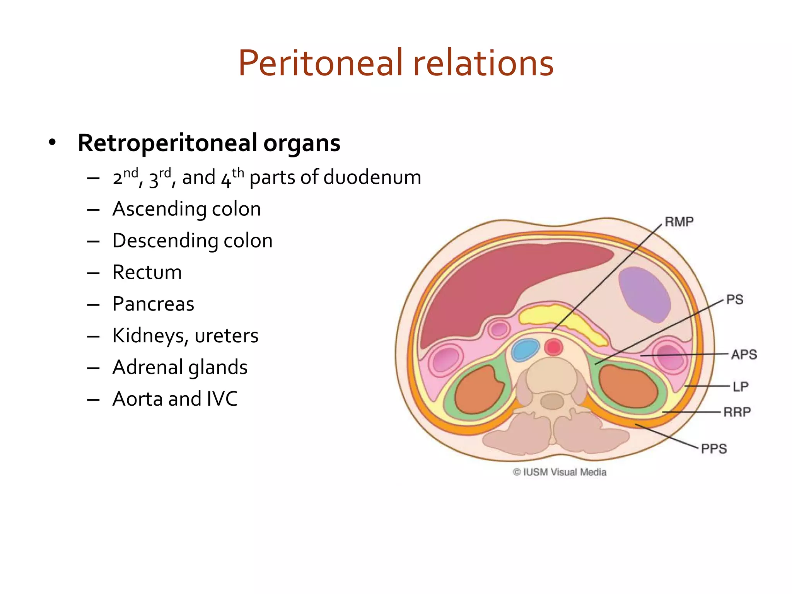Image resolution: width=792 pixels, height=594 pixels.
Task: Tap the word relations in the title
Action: [483, 63]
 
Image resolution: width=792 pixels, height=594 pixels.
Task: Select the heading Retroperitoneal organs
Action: [209, 143]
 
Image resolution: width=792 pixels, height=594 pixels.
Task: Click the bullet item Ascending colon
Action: [186, 209]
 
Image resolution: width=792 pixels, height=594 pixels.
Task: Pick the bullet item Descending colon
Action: [192, 241]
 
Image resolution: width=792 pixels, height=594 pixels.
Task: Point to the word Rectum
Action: [147, 272]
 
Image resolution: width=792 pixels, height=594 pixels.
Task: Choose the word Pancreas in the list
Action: [153, 304]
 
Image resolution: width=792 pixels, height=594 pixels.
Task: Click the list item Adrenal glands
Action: [180, 367]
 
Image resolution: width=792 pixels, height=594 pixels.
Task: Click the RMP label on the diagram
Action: [679, 222]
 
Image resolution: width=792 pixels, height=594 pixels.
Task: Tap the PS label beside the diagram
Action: [734, 300]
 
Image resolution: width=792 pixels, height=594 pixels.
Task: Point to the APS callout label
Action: [744, 355]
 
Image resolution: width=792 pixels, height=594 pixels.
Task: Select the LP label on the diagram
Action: [741, 386]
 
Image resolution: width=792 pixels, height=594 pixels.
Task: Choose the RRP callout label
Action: [737, 412]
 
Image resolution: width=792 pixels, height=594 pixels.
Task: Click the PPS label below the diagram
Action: [714, 449]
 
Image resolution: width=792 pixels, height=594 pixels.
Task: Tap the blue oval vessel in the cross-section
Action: [525, 349]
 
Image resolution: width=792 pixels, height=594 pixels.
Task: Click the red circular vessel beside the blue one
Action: [553, 347]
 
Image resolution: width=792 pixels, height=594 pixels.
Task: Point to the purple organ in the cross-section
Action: [644, 294]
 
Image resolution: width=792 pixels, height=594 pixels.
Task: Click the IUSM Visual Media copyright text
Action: [560, 472]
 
